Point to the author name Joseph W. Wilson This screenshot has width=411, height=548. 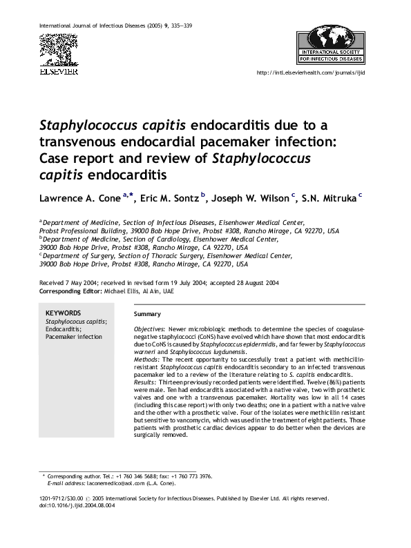tap(251, 199)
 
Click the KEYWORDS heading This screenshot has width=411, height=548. tap(63, 313)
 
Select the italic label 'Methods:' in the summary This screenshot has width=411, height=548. tap(146, 360)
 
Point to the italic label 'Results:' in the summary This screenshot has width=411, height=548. tap(146, 382)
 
